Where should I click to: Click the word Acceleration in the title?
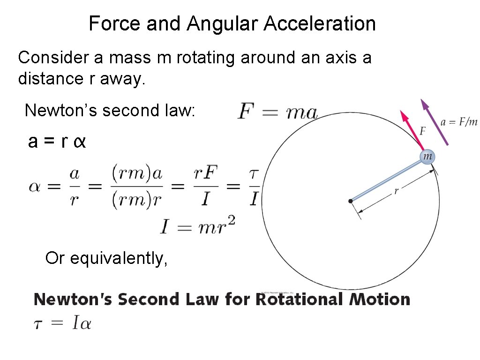click(320, 23)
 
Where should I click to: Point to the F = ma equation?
click(277, 112)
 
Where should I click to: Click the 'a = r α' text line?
click(57, 142)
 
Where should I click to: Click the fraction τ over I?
click(254, 187)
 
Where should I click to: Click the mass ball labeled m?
click(427, 157)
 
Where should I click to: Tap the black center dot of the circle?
click(351, 201)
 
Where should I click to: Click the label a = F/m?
click(459, 122)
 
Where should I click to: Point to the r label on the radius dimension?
click(396, 191)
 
